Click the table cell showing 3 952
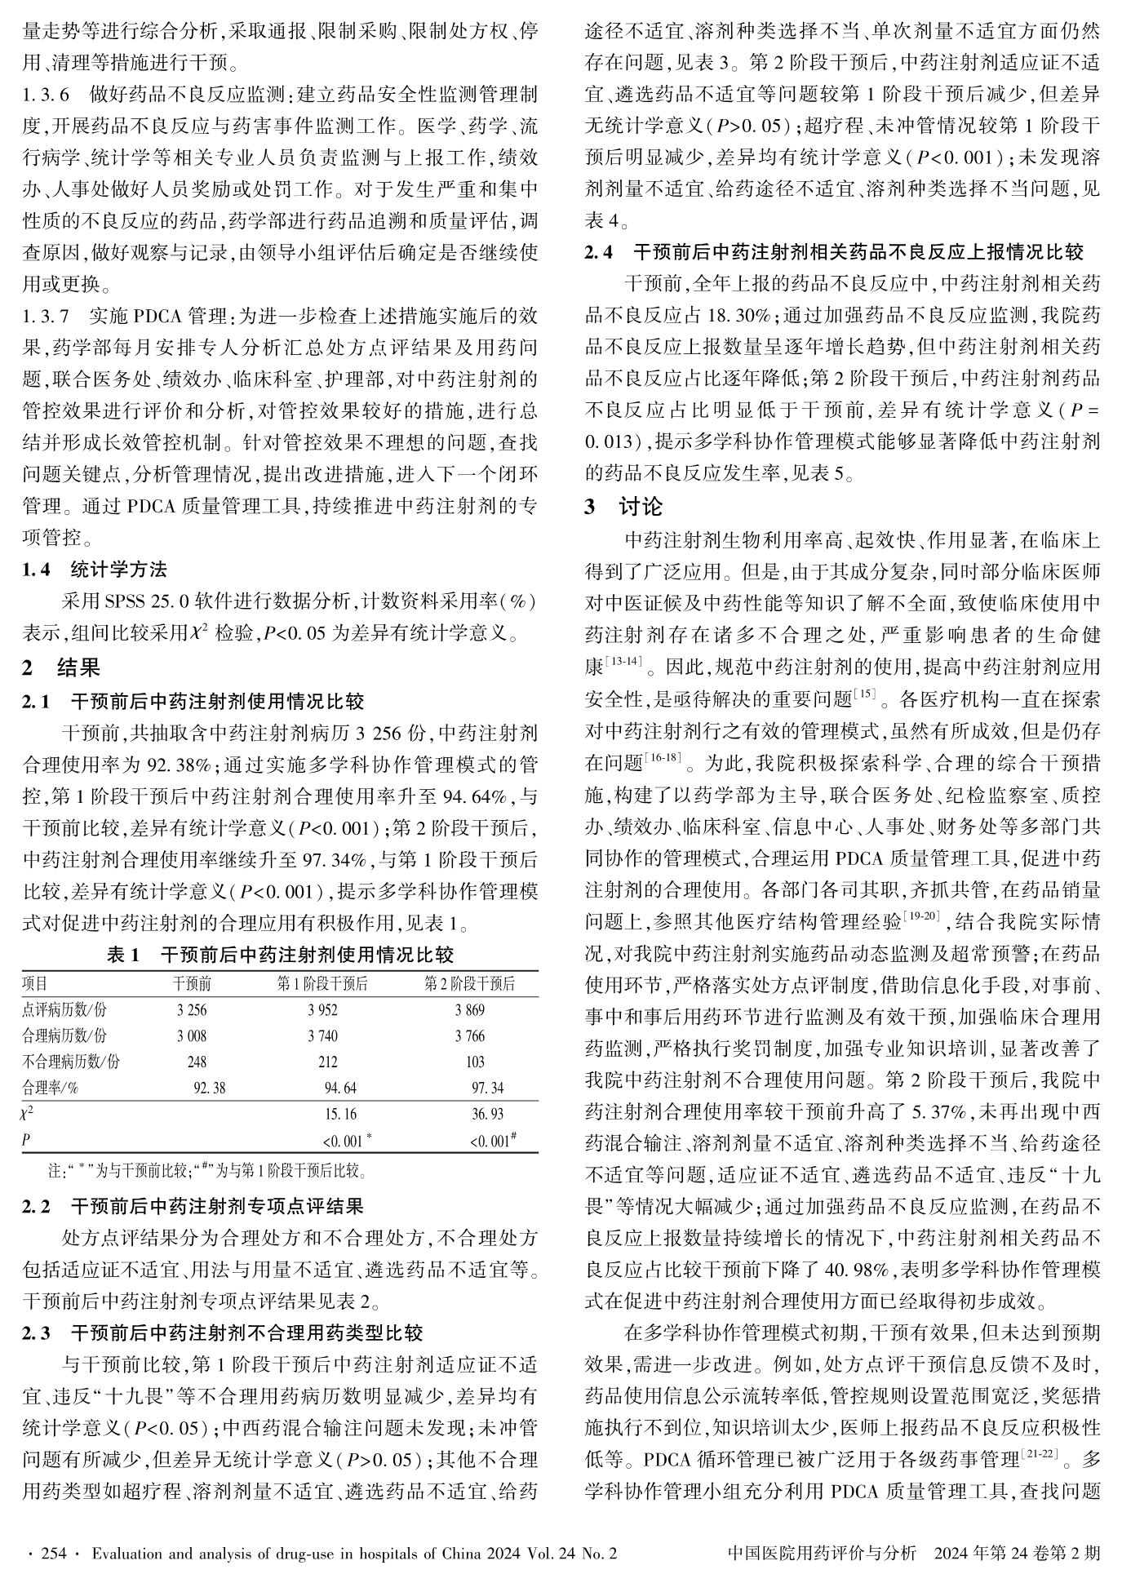pyautogui.click(x=322, y=1009)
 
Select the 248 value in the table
pyautogui.click(x=197, y=1062)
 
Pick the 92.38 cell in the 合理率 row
pyautogui.click(x=209, y=1088)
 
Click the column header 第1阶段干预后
pyautogui.click(x=322, y=983)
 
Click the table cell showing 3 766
pyautogui.click(x=470, y=1035)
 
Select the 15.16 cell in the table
pyautogui.click(x=339, y=1114)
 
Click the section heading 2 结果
pyautogui.click(x=61, y=668)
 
